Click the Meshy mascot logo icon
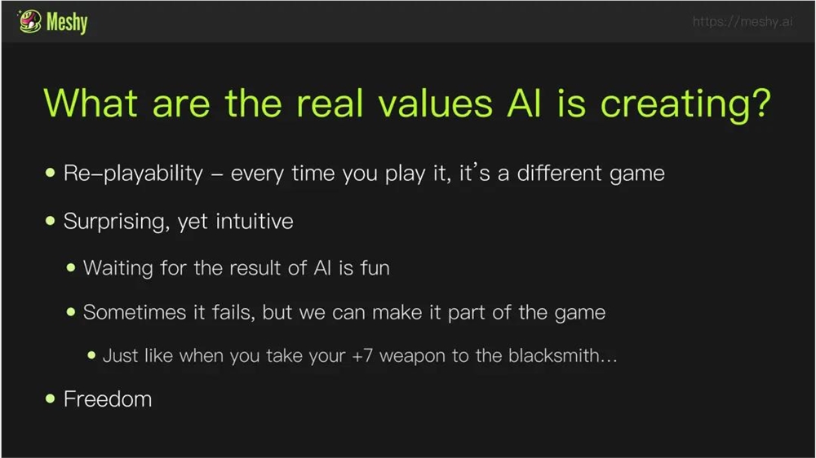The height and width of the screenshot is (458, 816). (29, 21)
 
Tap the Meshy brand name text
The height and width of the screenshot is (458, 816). (67, 22)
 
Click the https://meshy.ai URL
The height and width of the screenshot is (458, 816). (743, 21)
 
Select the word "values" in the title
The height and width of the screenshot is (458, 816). (435, 103)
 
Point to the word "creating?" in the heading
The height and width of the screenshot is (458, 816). (685, 104)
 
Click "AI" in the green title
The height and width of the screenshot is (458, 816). (524, 103)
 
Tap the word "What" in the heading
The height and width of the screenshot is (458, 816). (91, 103)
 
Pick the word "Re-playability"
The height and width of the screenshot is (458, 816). (133, 173)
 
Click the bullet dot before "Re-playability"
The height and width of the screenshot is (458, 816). (50, 173)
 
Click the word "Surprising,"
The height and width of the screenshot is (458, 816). (117, 222)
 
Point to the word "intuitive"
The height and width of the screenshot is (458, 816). (255, 221)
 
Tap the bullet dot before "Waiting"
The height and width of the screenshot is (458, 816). (71, 268)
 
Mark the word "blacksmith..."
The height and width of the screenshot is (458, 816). (562, 355)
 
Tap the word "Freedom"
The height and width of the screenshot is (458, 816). (108, 399)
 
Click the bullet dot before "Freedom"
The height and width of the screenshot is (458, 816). (50, 399)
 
